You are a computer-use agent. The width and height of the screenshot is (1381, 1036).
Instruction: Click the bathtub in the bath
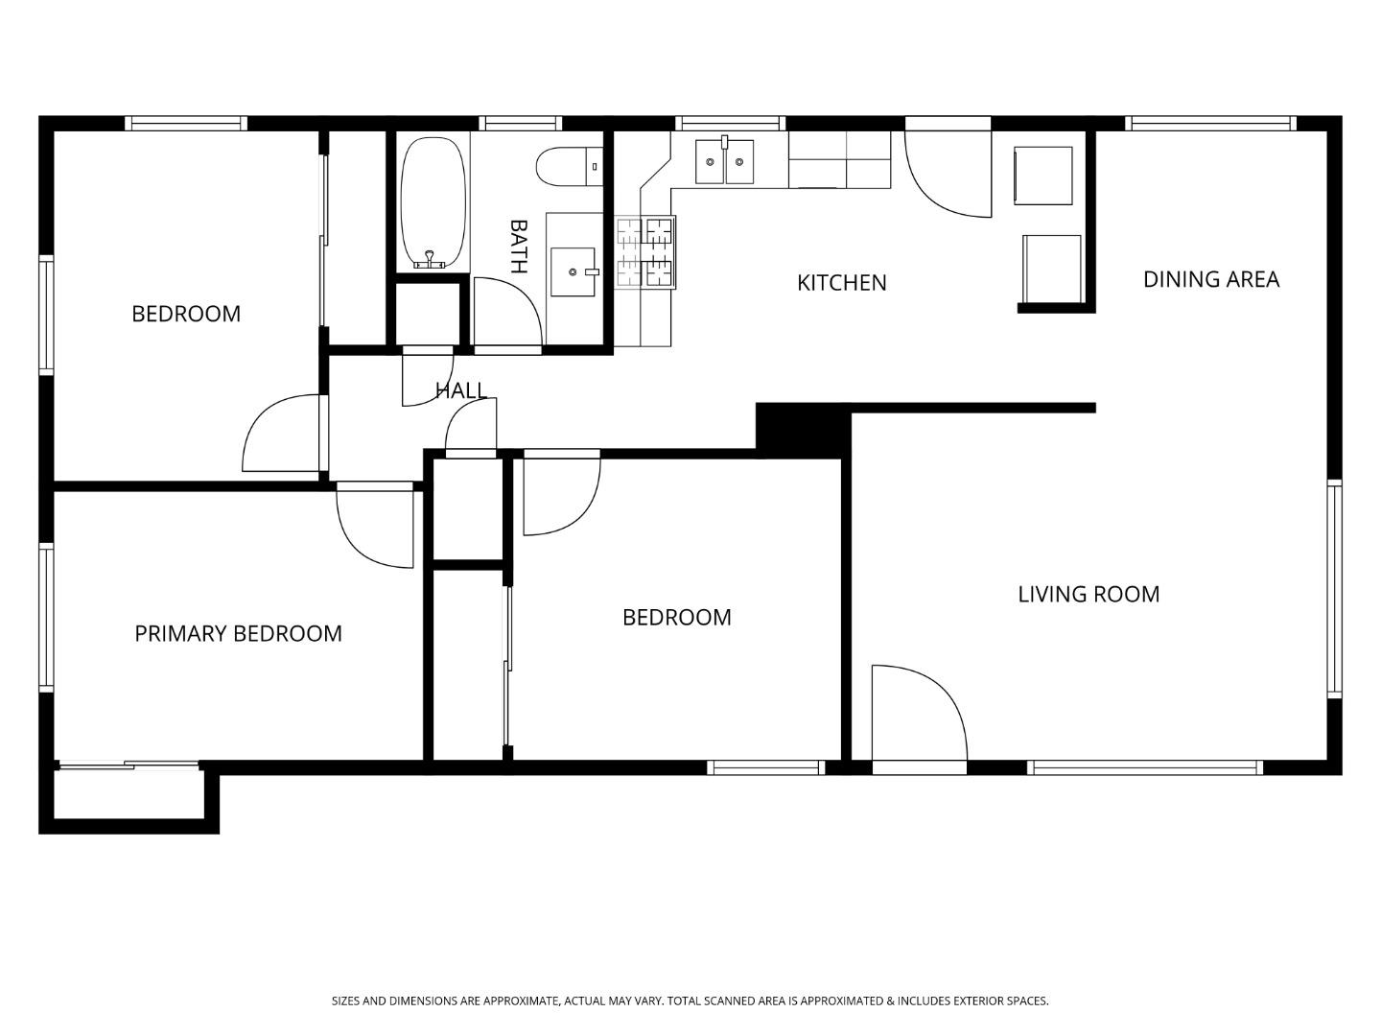pyautogui.click(x=433, y=203)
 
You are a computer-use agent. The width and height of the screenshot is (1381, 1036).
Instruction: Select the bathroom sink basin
pyautogui.click(x=573, y=271)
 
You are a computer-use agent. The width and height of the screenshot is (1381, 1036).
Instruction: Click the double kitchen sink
pyautogui.click(x=725, y=160)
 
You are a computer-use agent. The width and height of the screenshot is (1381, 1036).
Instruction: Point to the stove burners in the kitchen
pyautogui.click(x=645, y=252)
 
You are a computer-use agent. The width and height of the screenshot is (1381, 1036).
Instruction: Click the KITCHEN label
pyautogui.click(x=842, y=283)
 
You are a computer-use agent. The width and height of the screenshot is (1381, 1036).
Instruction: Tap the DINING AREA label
pyautogui.click(x=1210, y=279)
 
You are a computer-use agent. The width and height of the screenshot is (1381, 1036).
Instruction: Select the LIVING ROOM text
pyautogui.click(x=1088, y=595)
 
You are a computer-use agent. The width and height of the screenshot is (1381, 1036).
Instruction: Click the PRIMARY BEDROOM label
pyautogui.click(x=238, y=634)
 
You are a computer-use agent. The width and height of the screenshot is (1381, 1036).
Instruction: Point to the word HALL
pyautogui.click(x=461, y=390)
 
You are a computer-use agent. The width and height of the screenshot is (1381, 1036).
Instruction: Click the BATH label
pyautogui.click(x=518, y=247)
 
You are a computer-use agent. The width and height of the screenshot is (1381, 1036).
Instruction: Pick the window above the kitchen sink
pyautogui.click(x=731, y=123)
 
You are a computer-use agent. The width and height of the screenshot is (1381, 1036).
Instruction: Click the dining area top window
pyautogui.click(x=1210, y=123)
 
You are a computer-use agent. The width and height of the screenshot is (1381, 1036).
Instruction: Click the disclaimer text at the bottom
pyautogui.click(x=690, y=1001)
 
